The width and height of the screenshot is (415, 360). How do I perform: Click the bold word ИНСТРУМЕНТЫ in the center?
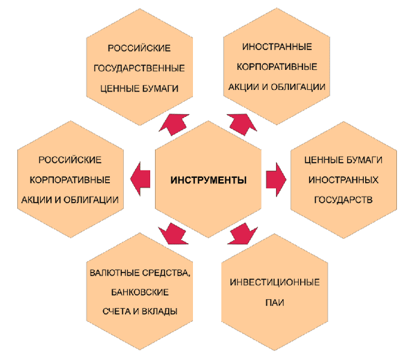point(209,180)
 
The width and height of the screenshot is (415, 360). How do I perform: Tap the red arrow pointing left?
point(140,179)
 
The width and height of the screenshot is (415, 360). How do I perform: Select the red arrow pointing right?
point(276,179)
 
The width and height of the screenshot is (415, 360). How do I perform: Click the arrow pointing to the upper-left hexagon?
point(174,125)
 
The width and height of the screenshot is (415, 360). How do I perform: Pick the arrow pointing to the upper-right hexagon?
point(242,125)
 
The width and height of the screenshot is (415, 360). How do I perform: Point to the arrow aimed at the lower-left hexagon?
point(174,233)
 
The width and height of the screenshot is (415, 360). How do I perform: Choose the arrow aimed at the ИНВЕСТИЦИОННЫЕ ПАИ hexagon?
point(243,233)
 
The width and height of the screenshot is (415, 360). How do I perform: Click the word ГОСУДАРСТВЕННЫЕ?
point(139,69)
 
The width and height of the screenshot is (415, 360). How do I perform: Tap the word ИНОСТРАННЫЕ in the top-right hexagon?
point(277,47)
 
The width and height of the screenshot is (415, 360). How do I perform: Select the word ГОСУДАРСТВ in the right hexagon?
point(343,200)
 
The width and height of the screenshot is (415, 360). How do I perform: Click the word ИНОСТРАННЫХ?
point(343,180)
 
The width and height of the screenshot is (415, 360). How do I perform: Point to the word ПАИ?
point(275,303)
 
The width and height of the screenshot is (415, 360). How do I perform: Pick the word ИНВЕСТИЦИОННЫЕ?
point(275,282)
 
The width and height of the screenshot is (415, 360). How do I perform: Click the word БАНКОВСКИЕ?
point(140,292)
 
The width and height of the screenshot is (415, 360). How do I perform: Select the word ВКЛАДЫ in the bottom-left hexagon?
point(159,312)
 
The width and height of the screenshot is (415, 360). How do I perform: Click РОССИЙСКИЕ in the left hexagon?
point(70,160)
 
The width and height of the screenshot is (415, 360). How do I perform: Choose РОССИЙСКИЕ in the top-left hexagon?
point(139,48)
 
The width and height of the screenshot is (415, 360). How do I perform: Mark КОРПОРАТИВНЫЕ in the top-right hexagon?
point(277,66)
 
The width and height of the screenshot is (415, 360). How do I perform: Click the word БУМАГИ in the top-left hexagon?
point(159,89)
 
